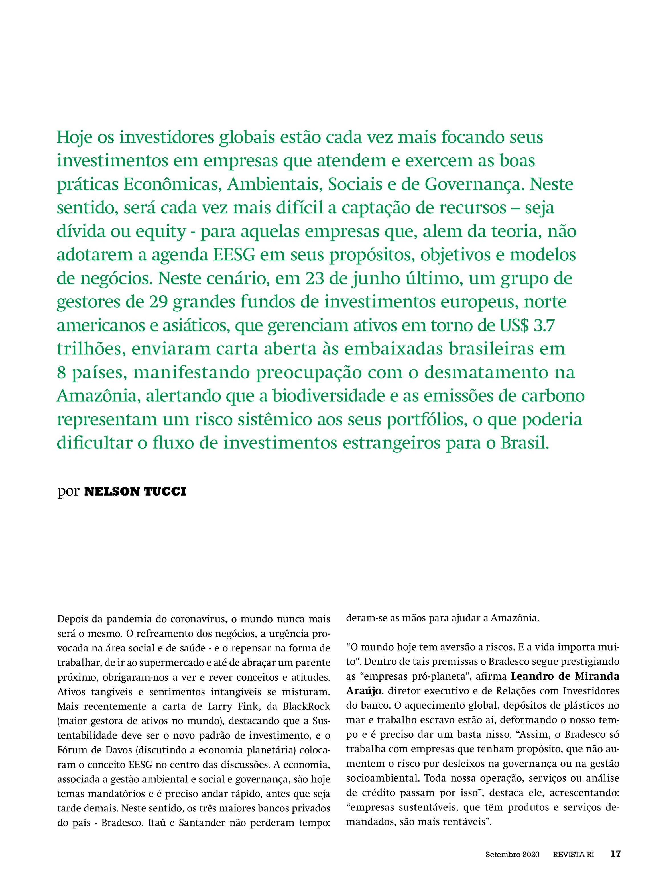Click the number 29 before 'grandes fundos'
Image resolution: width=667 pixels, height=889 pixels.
(x=158, y=302)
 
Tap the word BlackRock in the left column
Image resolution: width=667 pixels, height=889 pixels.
(x=306, y=706)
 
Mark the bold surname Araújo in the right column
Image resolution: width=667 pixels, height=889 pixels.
(x=363, y=691)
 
